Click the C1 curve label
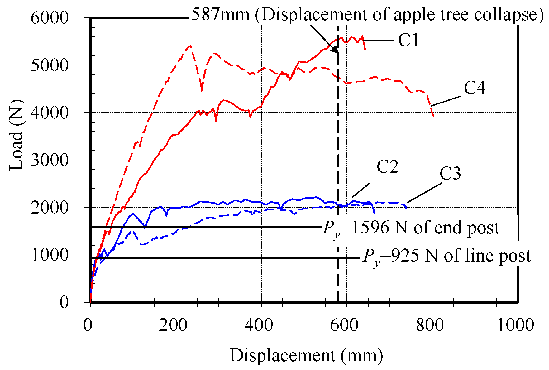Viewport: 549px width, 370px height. [408, 41]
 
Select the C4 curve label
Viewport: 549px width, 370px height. [474, 88]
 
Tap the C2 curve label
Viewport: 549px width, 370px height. [387, 167]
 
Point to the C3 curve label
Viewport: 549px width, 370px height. [450, 174]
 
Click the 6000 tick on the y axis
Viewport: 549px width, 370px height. [49, 18]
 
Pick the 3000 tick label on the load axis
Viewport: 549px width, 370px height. [49, 160]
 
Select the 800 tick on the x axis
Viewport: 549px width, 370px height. [430, 325]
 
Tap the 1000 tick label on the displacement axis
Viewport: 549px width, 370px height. [515, 325]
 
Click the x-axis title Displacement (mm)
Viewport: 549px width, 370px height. [306, 355]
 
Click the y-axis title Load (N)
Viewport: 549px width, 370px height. [16, 135]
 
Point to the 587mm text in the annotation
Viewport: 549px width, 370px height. [221, 14]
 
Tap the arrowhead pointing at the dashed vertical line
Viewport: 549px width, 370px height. [335, 50]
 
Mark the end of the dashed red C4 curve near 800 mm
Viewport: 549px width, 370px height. [433, 116]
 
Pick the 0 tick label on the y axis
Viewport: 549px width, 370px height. [64, 302]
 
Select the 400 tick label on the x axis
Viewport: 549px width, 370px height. [259, 325]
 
